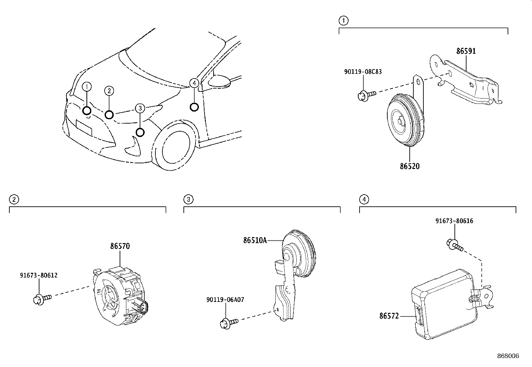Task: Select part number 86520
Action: (409, 166)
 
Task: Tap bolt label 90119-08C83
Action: (363, 71)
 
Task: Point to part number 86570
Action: (120, 246)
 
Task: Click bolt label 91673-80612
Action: (39, 276)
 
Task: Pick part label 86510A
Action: (255, 240)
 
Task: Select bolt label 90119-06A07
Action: (225, 300)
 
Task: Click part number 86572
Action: (389, 316)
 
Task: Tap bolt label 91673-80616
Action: (454, 221)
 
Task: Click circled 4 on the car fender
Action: (194, 83)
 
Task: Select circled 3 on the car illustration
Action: (140, 108)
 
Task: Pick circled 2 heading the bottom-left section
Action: (14, 200)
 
